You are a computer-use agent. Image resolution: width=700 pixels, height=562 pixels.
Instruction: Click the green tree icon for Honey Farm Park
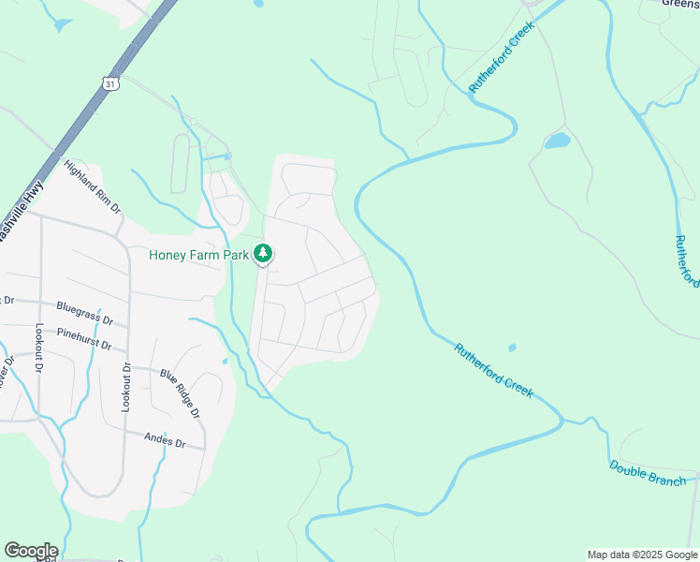(x=264, y=254)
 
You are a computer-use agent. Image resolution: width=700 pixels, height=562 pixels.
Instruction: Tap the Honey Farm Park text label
(x=199, y=255)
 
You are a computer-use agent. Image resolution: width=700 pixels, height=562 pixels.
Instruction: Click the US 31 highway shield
(x=110, y=84)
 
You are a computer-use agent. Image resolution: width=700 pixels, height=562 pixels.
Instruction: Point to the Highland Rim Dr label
(x=93, y=186)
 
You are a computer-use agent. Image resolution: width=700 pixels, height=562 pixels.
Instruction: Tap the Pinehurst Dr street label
(x=83, y=338)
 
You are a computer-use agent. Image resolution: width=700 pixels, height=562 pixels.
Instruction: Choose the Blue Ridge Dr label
(x=180, y=393)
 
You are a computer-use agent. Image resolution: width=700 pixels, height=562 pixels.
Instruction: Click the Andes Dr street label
(x=165, y=440)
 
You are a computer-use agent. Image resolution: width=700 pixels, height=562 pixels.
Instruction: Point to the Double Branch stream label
(x=648, y=474)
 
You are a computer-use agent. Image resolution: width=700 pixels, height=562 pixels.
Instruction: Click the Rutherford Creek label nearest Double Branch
(x=494, y=371)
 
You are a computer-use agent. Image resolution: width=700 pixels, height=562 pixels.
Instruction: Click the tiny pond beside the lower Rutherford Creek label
(x=512, y=348)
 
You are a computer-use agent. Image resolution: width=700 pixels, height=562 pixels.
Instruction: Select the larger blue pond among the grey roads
(x=557, y=141)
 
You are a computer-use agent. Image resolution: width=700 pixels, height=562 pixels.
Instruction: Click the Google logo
(x=31, y=551)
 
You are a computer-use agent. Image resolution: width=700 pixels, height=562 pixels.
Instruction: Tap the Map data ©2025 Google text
(x=641, y=555)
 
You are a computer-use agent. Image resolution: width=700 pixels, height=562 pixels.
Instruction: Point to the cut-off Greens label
(x=680, y=4)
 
